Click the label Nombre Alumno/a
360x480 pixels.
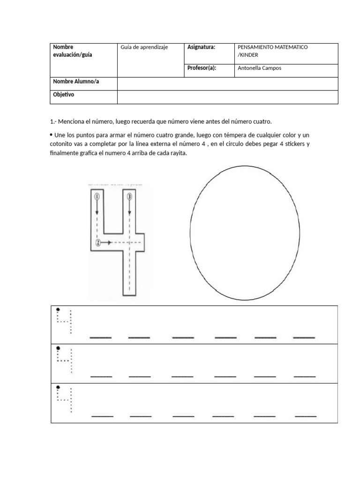[76, 82]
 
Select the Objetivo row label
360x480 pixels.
[64, 94]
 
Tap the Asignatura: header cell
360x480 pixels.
[201, 47]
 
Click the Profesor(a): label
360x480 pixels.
[202, 68]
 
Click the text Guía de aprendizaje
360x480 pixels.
[144, 47]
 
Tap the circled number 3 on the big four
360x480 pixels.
[129, 197]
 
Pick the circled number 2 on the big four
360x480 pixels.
[97, 242]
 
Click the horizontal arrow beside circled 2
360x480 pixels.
[106, 242]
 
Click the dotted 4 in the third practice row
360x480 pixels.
[65, 398]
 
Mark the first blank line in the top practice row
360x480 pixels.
[100, 337]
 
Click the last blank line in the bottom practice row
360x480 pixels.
[306, 416]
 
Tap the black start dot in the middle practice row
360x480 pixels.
[58, 348]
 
